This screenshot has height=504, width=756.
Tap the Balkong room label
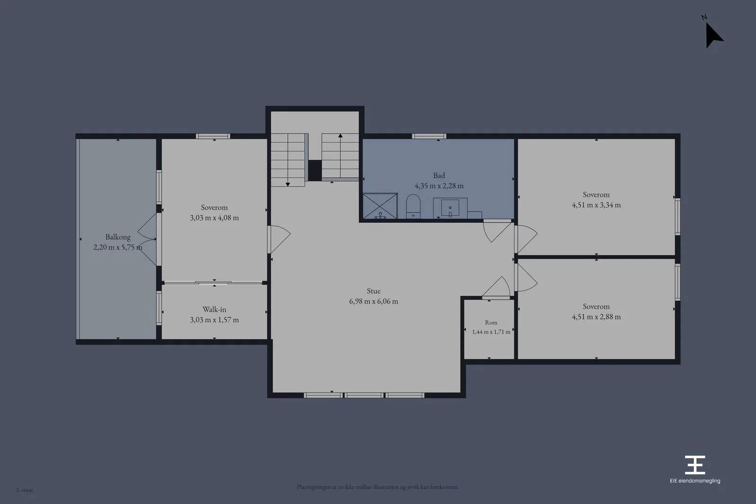click(118, 237)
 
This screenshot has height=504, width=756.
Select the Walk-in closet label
click(215, 309)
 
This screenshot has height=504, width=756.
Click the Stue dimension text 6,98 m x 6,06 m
click(374, 301)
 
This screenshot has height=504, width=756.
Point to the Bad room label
click(439, 175)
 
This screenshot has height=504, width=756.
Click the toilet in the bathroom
click(413, 206)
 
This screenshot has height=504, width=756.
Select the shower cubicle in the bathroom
click(380, 206)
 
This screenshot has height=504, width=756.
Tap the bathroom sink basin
click(450, 208)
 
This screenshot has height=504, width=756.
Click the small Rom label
click(491, 323)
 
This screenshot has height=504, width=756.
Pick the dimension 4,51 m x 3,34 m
click(596, 205)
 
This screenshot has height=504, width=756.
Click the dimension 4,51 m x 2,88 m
click(596, 317)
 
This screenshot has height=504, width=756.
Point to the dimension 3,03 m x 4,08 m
click(215, 218)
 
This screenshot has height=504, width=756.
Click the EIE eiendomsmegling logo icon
click(695, 464)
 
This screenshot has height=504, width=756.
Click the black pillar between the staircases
click(315, 171)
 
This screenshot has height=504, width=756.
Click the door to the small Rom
click(496, 289)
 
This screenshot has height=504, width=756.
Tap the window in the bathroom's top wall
click(429, 137)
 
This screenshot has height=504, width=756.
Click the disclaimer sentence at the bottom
click(378, 487)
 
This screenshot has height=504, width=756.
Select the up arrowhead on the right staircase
click(340, 136)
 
